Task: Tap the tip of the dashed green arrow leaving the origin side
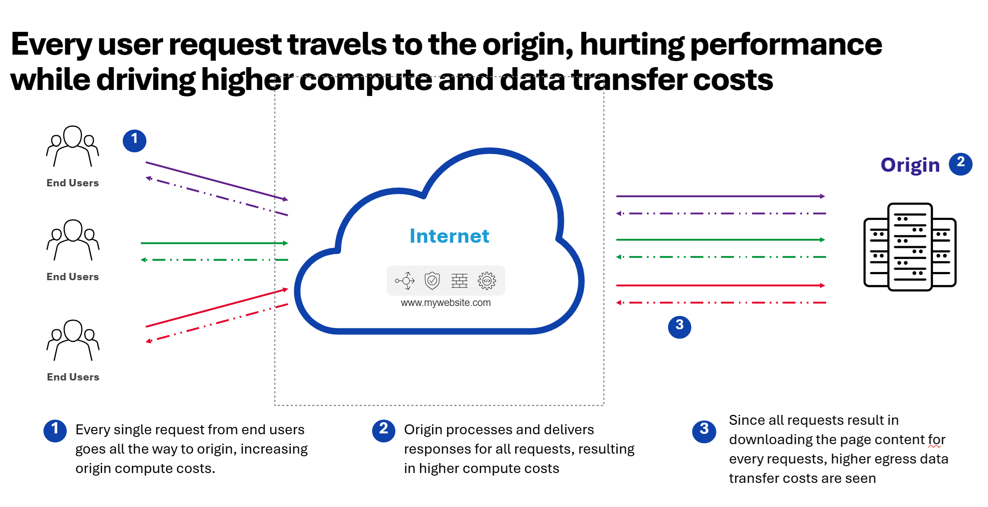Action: [617, 257]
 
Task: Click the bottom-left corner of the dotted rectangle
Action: [275, 405]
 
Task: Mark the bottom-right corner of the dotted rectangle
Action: [604, 405]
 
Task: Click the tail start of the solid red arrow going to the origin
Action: [617, 285]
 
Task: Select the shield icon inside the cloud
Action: [432, 281]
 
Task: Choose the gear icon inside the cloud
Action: [487, 281]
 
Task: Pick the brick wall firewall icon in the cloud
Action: [460, 281]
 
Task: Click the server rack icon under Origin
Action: [910, 247]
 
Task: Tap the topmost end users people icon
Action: [73, 146]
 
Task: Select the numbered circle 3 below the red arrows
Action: [680, 327]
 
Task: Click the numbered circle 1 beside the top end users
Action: [134, 141]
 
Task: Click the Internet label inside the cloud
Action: [449, 236]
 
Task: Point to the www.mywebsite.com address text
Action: [446, 303]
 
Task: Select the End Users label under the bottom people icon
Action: [73, 377]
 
